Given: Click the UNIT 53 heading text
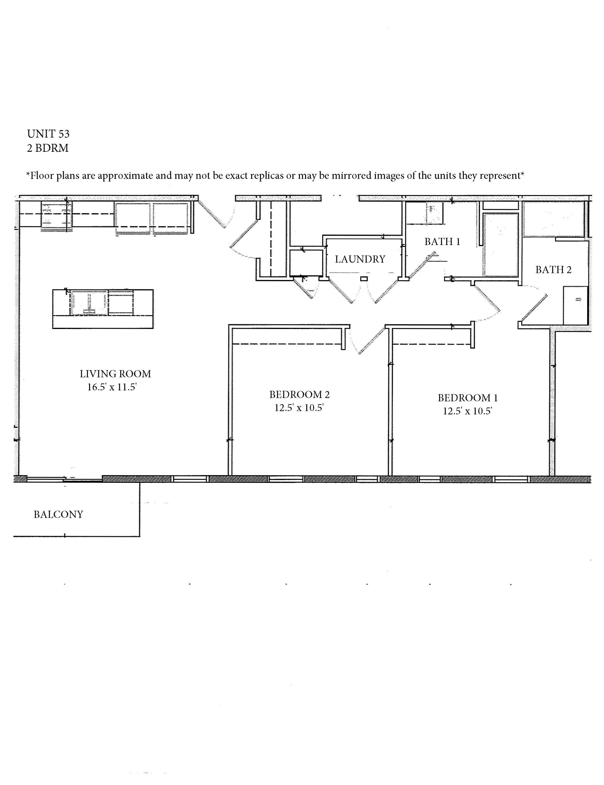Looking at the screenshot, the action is pyautogui.click(x=48, y=134).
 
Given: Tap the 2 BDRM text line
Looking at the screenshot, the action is pyautogui.click(x=48, y=148).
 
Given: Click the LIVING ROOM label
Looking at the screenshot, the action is pyautogui.click(x=115, y=374).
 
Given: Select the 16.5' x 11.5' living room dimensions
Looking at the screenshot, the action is pyautogui.click(x=112, y=387).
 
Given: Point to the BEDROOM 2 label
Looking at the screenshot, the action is pyautogui.click(x=300, y=395).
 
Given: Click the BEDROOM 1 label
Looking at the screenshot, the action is pyautogui.click(x=467, y=398).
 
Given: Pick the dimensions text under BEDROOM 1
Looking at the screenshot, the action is pyautogui.click(x=467, y=411).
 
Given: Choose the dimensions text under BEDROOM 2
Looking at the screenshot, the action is pyautogui.click(x=300, y=408).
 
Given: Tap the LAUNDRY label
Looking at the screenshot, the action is pyautogui.click(x=360, y=259).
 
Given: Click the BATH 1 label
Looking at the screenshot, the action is pyautogui.click(x=442, y=242).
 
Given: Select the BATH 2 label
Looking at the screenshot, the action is pyautogui.click(x=553, y=270).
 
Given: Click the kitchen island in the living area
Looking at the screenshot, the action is pyautogui.click(x=103, y=309).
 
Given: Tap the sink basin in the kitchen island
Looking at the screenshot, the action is pyautogui.click(x=89, y=303).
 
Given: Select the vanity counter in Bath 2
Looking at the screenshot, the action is pyautogui.click(x=575, y=305).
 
